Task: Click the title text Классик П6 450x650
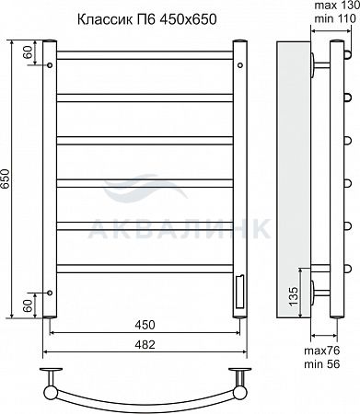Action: tap(146, 19)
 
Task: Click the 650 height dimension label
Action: tap(6, 179)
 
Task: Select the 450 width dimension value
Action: tap(145, 325)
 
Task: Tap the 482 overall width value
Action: tap(145, 345)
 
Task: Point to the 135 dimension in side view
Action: tap(293, 296)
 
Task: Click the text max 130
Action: tap(337, 6)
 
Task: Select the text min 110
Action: tap(335, 18)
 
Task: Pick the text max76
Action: tap(322, 351)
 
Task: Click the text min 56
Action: tap(322, 364)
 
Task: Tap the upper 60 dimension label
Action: tap(28, 52)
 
